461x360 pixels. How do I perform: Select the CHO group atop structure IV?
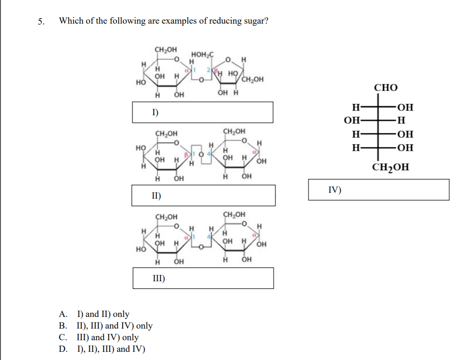point(385,88)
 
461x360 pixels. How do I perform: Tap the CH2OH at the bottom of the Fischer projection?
point(390,168)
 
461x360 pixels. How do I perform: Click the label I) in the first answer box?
point(155,112)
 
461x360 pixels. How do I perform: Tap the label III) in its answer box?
point(158,278)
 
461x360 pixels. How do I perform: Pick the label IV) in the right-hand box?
point(334,189)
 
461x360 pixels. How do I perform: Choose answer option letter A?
point(63,314)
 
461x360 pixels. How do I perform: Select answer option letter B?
point(62,326)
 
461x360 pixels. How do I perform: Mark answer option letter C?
point(62,337)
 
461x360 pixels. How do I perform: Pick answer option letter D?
point(63,349)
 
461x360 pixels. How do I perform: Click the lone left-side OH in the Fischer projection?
point(351,120)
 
